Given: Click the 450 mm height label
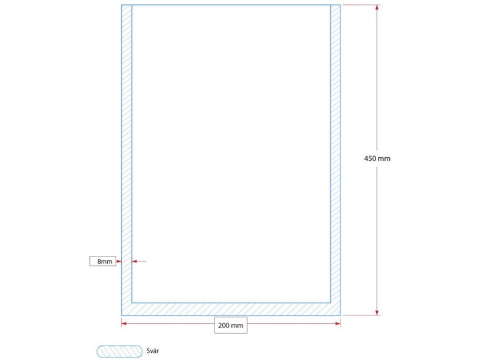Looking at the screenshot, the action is tap(377, 158).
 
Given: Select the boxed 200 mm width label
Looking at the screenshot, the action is tap(231, 325).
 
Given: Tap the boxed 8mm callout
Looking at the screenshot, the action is tap(103, 261).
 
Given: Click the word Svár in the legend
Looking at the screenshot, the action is tap(153, 351).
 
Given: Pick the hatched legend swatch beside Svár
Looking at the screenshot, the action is tap(119, 352).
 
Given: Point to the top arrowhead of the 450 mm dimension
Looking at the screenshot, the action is tap(377, 7).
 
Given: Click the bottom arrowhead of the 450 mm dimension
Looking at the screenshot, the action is tap(377, 312).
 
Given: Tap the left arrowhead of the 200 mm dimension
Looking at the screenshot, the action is tap(124, 323).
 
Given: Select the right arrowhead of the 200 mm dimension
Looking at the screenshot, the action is tap(338, 323).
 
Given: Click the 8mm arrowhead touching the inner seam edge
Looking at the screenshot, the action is tap(134, 261).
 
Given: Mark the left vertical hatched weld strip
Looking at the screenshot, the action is tap(127, 160).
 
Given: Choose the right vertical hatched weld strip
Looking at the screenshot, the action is tap(336, 160).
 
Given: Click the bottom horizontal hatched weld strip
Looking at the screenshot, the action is tap(231, 309).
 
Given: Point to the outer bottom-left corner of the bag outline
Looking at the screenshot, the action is tap(122, 315).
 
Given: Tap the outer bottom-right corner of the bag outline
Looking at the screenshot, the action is tap(340, 315).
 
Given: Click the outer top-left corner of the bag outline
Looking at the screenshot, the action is tap(122, 5).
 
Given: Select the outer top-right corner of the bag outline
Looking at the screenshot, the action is tap(340, 5).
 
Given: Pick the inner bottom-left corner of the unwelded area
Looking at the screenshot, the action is tap(132, 303).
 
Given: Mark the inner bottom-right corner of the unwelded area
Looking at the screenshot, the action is tap(330, 303).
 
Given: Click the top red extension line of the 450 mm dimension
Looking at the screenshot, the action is tap(361, 5).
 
